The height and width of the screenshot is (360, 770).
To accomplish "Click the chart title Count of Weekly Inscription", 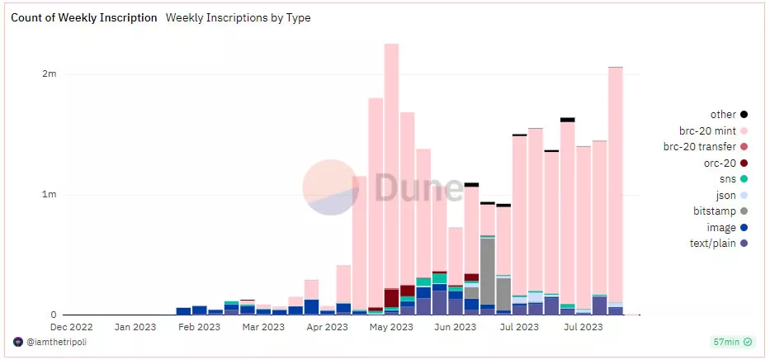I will [x=83, y=17].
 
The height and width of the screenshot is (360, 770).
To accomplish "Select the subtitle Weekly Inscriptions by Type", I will [x=239, y=17].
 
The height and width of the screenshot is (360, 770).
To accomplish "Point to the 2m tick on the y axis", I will [x=50, y=74].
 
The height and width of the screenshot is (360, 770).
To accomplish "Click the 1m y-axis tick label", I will [x=50, y=195].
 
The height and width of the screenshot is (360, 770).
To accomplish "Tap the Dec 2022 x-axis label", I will [x=69, y=327].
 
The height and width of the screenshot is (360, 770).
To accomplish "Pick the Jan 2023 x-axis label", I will [x=134, y=327].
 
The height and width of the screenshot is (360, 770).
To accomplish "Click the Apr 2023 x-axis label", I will [x=326, y=327].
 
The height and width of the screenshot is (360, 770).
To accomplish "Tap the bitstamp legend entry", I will [x=715, y=211].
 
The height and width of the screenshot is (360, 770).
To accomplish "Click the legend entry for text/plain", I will [x=712, y=243].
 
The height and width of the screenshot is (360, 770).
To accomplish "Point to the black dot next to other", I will [x=744, y=115].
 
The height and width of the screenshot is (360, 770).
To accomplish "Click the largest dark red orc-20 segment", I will [x=391, y=297].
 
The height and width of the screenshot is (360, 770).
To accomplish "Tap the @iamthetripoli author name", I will [x=55, y=342].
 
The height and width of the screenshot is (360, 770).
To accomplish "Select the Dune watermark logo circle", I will [x=330, y=186].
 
